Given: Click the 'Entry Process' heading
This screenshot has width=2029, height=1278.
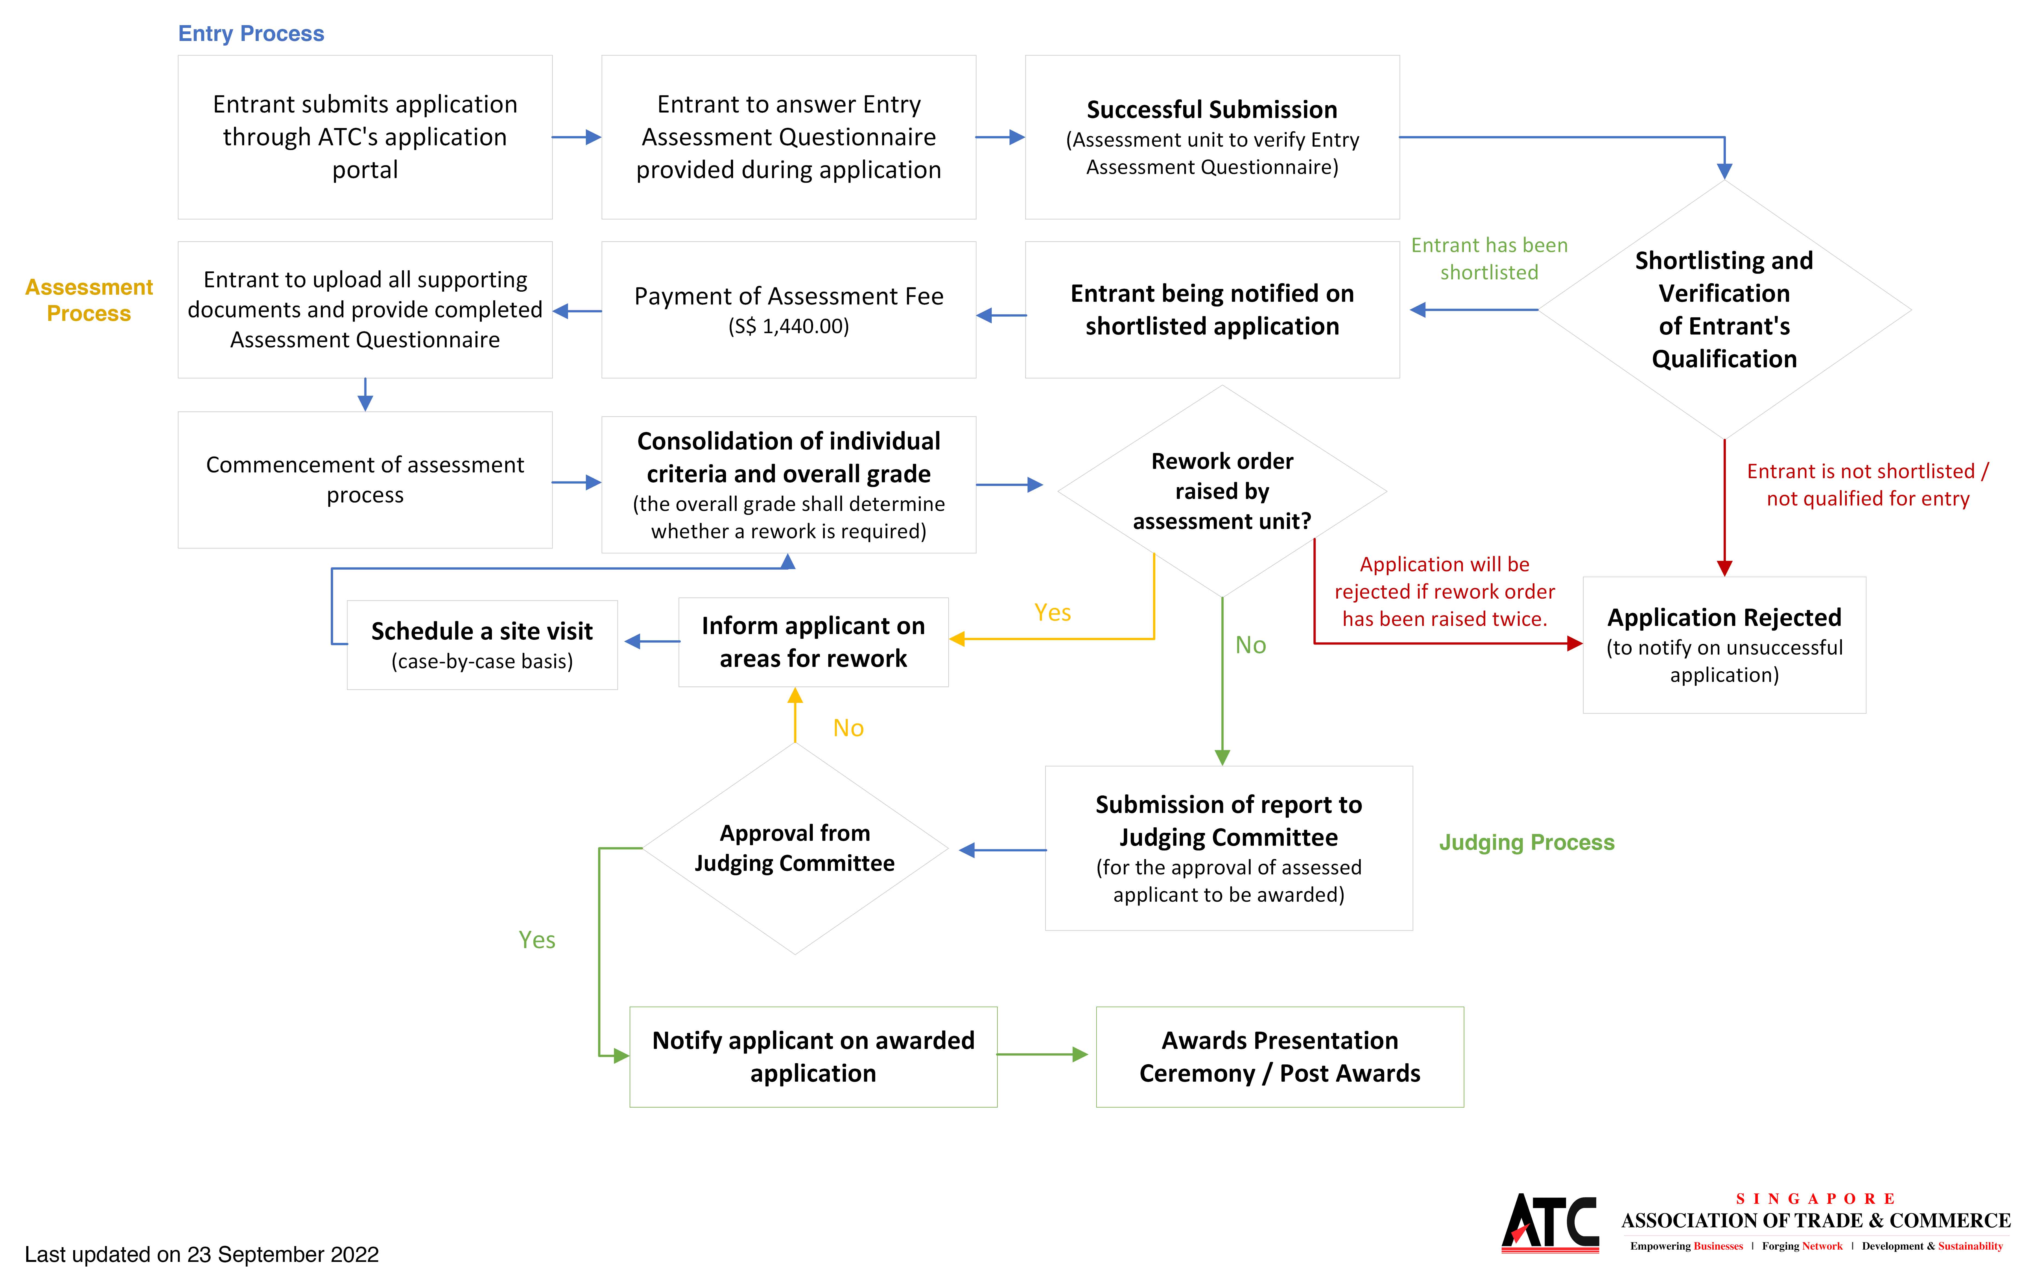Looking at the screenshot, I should (x=251, y=34).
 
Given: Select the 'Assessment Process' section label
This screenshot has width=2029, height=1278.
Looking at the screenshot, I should (x=89, y=300).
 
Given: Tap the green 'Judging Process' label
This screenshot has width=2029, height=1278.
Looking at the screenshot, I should (x=1526, y=842).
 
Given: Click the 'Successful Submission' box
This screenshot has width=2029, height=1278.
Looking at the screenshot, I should (x=1212, y=137).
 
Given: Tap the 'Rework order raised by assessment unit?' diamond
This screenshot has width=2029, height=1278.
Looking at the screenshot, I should (x=1222, y=491).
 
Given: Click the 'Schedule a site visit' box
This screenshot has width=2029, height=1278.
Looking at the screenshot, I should (x=482, y=644).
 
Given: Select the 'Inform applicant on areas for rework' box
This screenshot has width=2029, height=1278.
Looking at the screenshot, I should (x=813, y=642).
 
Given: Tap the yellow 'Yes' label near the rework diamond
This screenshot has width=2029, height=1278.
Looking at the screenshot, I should (x=1052, y=613).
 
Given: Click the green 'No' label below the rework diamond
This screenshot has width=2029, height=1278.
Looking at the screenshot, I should (x=1250, y=645).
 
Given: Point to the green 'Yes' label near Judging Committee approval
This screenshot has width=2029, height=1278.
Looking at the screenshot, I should (x=537, y=940).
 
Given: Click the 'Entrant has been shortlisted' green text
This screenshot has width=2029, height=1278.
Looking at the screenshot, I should (x=1489, y=259).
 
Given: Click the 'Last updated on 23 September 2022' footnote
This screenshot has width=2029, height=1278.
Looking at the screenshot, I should (x=202, y=1255).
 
